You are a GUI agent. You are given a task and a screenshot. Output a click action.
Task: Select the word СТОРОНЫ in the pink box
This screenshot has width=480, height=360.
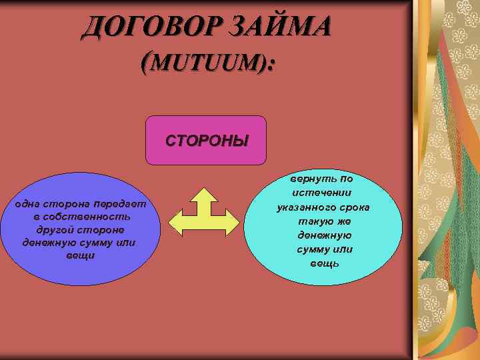(206, 141)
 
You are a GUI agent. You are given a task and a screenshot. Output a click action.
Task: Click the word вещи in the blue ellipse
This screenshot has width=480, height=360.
(80, 255)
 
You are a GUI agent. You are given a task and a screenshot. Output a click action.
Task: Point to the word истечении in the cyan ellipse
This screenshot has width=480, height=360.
(325, 193)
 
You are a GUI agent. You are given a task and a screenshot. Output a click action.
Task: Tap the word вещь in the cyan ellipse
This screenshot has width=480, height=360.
(325, 263)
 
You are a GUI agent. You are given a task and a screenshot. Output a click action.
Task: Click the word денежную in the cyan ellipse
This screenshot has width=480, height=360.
(325, 235)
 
